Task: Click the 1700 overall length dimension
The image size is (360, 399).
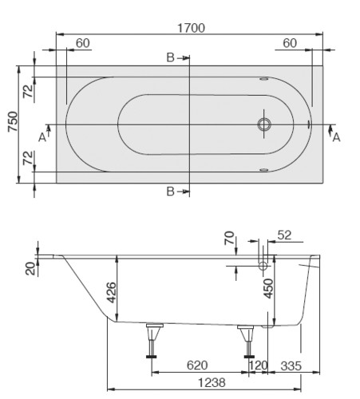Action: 191,28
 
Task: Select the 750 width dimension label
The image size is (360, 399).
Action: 13,121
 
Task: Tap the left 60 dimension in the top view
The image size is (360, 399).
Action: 83,43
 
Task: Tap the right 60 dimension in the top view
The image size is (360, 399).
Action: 290,43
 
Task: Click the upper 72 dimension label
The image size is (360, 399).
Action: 29,91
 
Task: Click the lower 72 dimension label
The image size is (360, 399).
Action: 29,158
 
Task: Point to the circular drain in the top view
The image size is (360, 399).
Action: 264,124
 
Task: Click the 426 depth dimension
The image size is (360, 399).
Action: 111,292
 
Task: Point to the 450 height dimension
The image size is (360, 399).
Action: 268,288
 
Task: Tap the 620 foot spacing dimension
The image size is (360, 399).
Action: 197,365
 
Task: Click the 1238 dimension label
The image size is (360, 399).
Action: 212,383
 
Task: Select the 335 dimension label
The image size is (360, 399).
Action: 291,366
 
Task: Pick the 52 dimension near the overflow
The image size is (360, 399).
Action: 284,235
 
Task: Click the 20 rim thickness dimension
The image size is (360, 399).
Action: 30,268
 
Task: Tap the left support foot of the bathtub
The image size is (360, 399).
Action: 152,341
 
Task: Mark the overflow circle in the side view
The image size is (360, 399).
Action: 263,266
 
